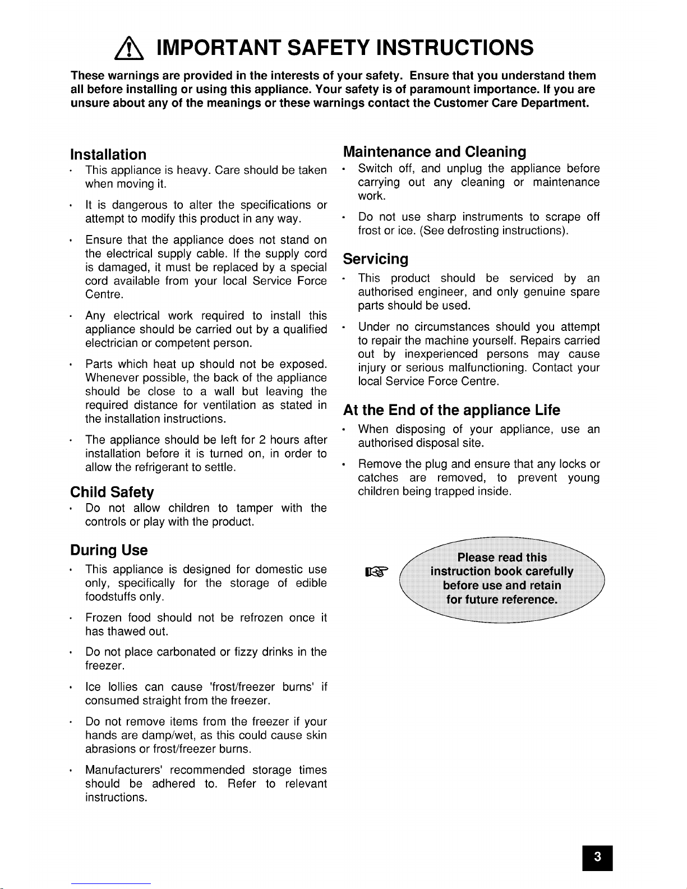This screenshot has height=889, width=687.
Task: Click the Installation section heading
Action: (108, 154)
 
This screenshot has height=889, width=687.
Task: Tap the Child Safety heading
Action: (112, 492)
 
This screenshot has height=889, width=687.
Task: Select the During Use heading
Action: (109, 550)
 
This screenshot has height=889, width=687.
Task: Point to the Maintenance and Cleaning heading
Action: (434, 152)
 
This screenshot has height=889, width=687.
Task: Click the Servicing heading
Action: (375, 259)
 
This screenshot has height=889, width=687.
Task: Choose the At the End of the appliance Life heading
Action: (451, 411)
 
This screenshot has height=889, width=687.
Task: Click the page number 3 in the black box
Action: (597, 856)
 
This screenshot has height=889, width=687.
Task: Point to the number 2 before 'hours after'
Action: (262, 440)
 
